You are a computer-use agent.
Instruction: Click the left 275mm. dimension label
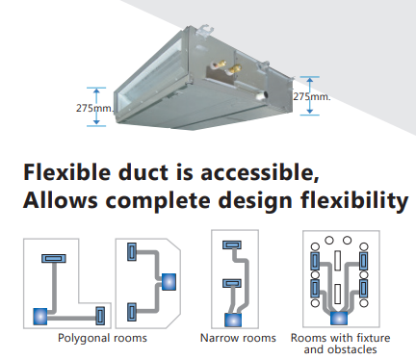click(x=94, y=108)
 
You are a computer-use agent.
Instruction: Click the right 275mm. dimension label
click(x=311, y=96)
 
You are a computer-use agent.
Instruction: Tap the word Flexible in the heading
click(x=66, y=172)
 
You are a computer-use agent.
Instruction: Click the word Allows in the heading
click(x=61, y=200)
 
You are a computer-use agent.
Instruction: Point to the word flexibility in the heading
click(x=354, y=201)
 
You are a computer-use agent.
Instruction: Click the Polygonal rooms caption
click(x=102, y=338)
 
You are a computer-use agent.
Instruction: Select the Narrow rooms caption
click(x=238, y=338)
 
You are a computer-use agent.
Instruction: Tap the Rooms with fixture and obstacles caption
click(x=341, y=344)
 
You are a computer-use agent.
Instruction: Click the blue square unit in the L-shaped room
click(x=40, y=317)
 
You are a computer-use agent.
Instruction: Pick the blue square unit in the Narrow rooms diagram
click(x=233, y=321)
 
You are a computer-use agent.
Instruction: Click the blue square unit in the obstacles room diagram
click(x=339, y=319)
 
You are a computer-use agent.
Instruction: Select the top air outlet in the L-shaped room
click(x=54, y=258)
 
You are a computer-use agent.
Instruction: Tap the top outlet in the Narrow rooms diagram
click(x=232, y=245)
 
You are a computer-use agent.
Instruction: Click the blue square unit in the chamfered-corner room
click(x=169, y=282)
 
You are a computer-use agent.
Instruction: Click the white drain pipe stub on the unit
click(x=261, y=95)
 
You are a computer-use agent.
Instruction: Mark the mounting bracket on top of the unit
click(x=204, y=31)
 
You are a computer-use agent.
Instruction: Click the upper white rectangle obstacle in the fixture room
click(x=337, y=260)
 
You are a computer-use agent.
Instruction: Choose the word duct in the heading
click(x=143, y=172)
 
